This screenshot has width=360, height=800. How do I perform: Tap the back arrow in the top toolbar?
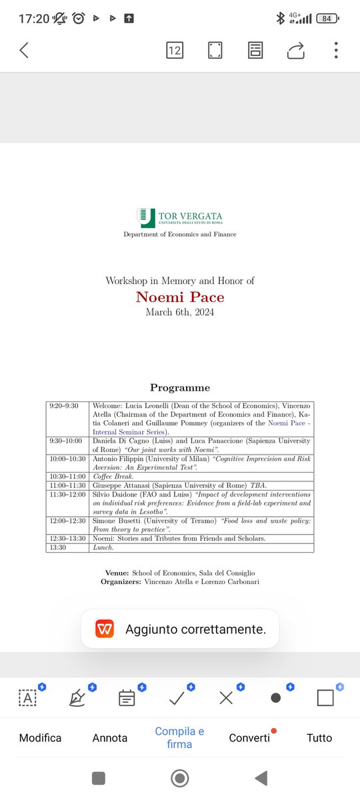tap(24, 50)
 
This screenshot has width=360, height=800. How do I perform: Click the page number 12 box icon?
tap(175, 50)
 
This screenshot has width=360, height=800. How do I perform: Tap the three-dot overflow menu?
tap(336, 50)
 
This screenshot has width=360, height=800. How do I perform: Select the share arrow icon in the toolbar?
tap(296, 50)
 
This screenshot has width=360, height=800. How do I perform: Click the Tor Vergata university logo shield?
tap(145, 217)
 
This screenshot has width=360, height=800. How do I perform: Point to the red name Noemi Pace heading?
tap(180, 297)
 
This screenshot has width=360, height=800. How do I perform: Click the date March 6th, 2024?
tap(180, 312)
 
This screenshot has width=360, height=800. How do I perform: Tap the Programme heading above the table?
tap(180, 387)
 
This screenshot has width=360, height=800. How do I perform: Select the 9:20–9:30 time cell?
tap(68, 405)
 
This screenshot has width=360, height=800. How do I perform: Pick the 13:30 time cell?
tap(68, 547)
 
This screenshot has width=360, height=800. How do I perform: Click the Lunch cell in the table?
tap(103, 547)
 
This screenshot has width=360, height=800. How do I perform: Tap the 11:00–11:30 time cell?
tap(68, 485)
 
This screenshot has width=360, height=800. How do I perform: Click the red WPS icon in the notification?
tap(105, 629)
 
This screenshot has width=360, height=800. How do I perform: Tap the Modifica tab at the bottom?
tap(40, 738)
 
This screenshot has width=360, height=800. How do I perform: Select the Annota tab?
tap(110, 738)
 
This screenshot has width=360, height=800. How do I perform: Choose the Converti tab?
tap(249, 738)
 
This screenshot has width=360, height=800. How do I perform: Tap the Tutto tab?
tap(319, 738)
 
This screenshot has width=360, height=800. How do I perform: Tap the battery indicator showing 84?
tap(327, 19)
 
